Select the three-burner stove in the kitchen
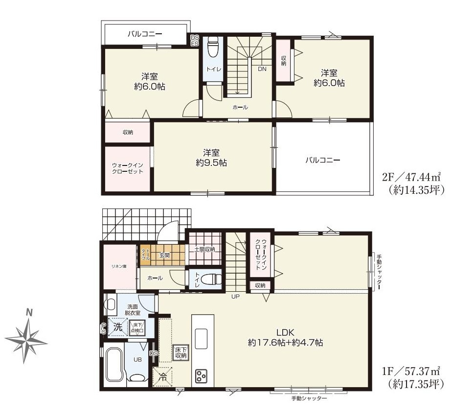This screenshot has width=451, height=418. (201, 375)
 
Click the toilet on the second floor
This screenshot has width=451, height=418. (213, 49)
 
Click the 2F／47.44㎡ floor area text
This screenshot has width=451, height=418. (413, 177)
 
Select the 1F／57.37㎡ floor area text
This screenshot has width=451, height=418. (413, 371)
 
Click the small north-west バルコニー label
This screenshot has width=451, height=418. (145, 34)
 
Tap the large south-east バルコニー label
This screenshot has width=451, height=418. (323, 160)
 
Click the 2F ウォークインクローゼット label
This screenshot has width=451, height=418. (127, 168)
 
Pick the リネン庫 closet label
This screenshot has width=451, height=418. (118, 266)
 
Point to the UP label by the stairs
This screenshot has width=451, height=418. (236, 296)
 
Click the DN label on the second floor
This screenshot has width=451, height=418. (262, 69)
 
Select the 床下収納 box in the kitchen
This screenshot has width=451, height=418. (180, 351)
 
